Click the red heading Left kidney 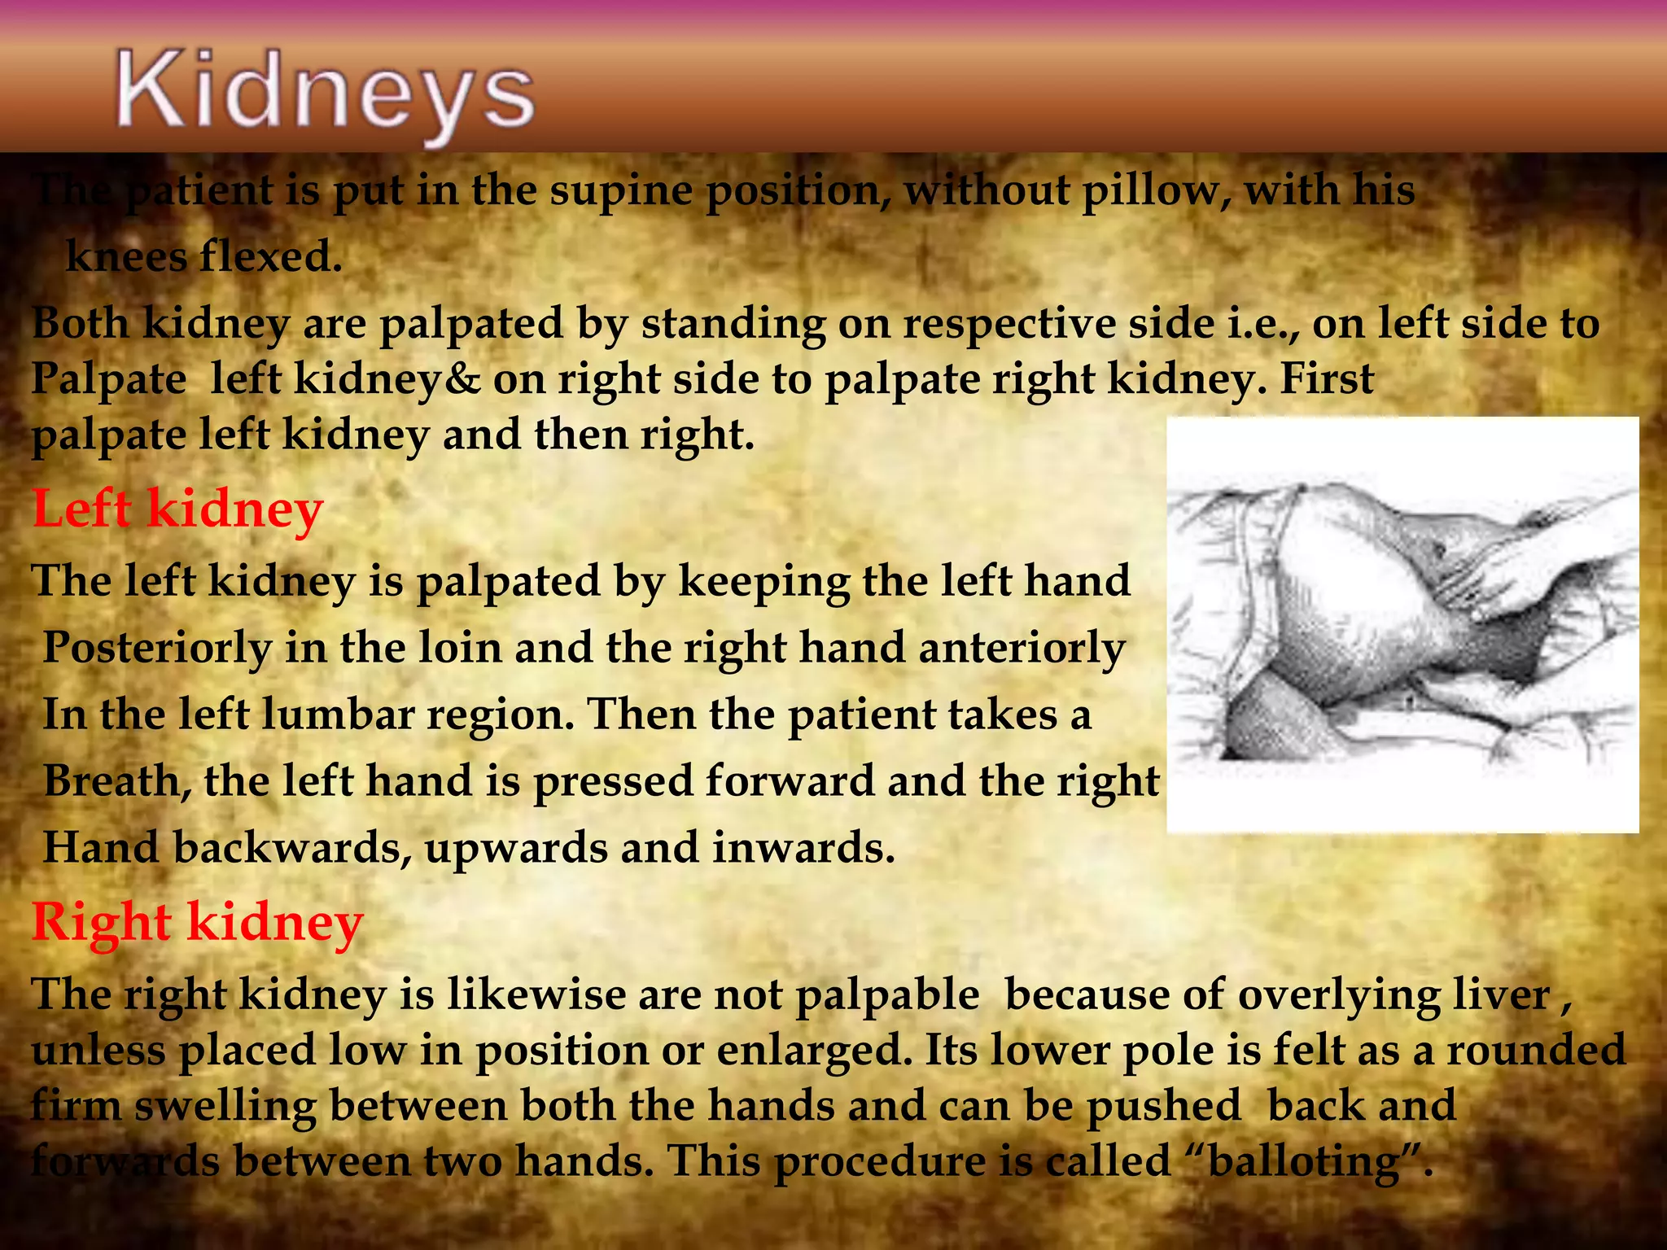[177, 509]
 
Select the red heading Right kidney [197, 923]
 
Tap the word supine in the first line [624, 192]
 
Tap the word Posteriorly [157, 649]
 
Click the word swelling [225, 1107]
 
